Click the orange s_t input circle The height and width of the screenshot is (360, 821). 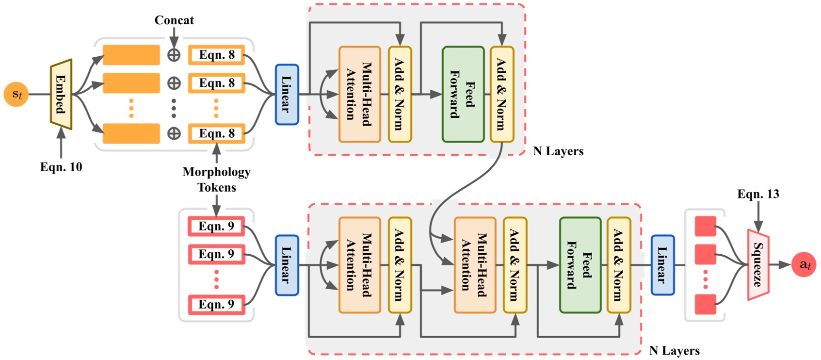(x=16, y=94)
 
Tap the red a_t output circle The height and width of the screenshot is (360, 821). (x=804, y=264)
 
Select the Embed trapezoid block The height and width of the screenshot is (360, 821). (x=61, y=95)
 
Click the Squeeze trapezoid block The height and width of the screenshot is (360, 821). (x=758, y=265)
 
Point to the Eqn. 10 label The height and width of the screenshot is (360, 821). (x=61, y=167)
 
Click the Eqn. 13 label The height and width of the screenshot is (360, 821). (x=758, y=194)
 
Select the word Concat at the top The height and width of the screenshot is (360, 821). (x=174, y=20)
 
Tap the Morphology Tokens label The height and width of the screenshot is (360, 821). (x=216, y=180)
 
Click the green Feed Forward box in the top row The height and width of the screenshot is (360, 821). (x=463, y=95)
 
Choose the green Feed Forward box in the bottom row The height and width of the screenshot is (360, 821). (x=580, y=265)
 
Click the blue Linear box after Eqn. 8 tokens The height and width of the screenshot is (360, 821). (x=287, y=95)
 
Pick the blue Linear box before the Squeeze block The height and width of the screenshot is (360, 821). (x=662, y=265)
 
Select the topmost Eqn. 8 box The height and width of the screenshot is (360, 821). (x=216, y=55)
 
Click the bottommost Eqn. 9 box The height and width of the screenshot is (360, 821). (x=216, y=305)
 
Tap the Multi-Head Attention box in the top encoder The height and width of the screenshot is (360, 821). (x=359, y=95)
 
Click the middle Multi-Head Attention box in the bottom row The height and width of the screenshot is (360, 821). (x=475, y=265)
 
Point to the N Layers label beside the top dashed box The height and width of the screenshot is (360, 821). (x=558, y=151)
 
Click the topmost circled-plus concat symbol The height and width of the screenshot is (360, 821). (x=174, y=55)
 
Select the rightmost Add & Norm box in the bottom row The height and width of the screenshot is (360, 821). (x=618, y=265)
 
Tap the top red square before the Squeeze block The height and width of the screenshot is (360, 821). (x=705, y=227)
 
